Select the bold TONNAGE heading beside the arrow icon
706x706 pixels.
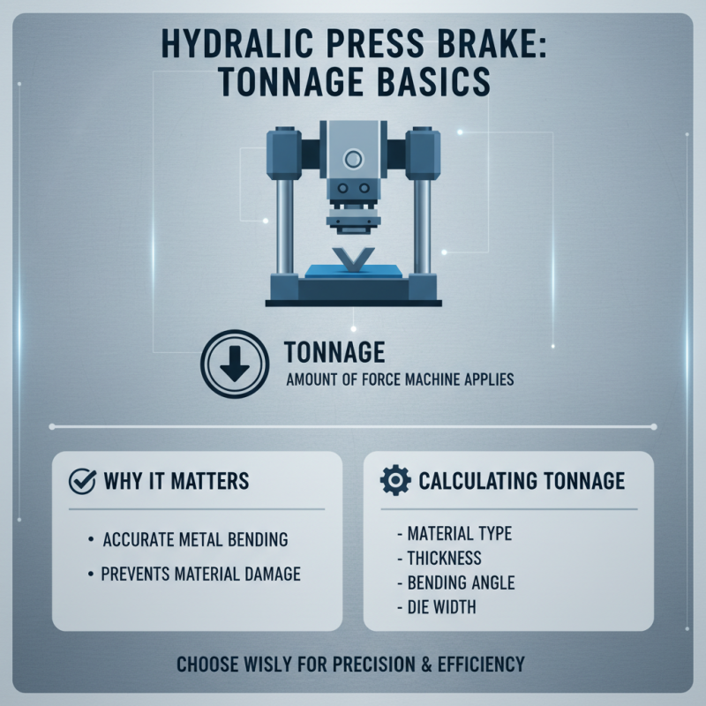(334, 353)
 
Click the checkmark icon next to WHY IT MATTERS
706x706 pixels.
(82, 482)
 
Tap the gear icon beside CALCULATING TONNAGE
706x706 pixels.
(393, 481)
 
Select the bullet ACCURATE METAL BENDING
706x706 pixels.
(195, 538)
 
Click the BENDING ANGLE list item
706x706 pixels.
(461, 582)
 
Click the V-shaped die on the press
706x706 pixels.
(352, 259)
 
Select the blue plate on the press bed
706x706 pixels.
(353, 269)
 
